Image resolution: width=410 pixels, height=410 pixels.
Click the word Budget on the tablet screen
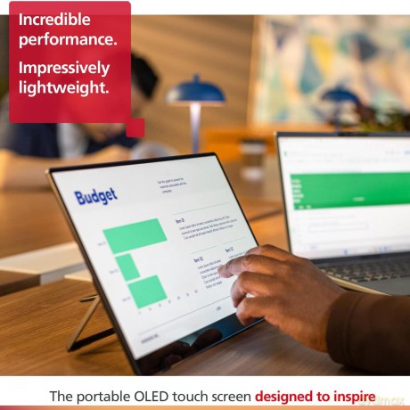click(x=94, y=196)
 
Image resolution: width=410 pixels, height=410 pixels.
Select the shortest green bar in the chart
click(x=127, y=266)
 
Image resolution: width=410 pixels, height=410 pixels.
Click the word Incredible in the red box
click(x=54, y=19)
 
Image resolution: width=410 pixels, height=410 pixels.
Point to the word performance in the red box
click(x=67, y=39)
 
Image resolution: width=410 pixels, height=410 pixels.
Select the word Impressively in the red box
click(x=64, y=68)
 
